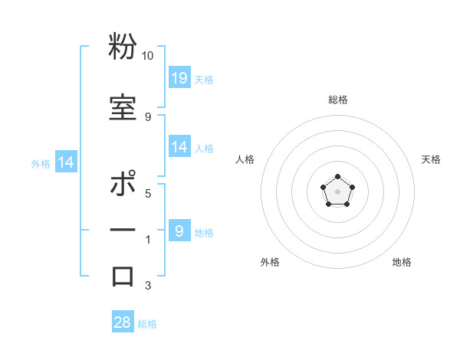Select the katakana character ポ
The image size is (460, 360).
[x=123, y=186]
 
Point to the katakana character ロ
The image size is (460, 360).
[x=123, y=276]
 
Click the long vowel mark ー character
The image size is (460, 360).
[x=123, y=231]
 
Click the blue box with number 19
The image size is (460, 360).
[x=179, y=77]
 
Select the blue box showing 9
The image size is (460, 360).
[x=179, y=231]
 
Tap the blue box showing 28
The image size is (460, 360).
[x=123, y=322]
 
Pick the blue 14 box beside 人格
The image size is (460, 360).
[x=179, y=147]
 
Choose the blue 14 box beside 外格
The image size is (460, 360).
[x=65, y=162]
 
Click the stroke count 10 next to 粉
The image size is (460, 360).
[x=147, y=56]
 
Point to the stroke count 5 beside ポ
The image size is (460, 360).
[x=148, y=193]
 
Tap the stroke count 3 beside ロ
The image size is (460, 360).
[x=148, y=286]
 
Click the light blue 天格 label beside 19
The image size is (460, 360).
[x=204, y=79]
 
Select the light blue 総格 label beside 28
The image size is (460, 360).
[x=147, y=324]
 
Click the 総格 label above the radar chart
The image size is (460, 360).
[x=337, y=100]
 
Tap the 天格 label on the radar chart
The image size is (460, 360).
[x=431, y=159]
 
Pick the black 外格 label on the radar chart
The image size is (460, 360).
[x=270, y=262]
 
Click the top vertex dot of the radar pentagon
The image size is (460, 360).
[x=337, y=177]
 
